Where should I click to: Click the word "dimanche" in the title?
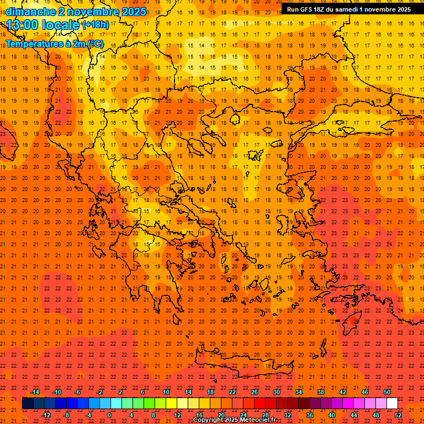coord(30,12)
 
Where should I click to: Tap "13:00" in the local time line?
coord(22,25)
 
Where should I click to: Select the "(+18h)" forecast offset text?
coord(96,25)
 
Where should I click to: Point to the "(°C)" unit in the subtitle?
coord(94,44)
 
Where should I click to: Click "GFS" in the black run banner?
coord(310,9)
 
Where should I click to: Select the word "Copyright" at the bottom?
coord(208,420)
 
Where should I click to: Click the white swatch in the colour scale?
coord(392,404)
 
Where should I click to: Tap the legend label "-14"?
coord(35,392)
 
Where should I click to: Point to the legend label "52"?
coord(398,415)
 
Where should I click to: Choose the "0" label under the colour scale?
coord(109,415)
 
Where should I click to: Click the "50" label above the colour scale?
coord(387,392)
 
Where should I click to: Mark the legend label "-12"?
coord(46,415)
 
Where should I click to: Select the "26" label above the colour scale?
coord(255,392)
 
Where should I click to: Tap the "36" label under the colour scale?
coord(310,415)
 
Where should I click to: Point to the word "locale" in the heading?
coord(60,25)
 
